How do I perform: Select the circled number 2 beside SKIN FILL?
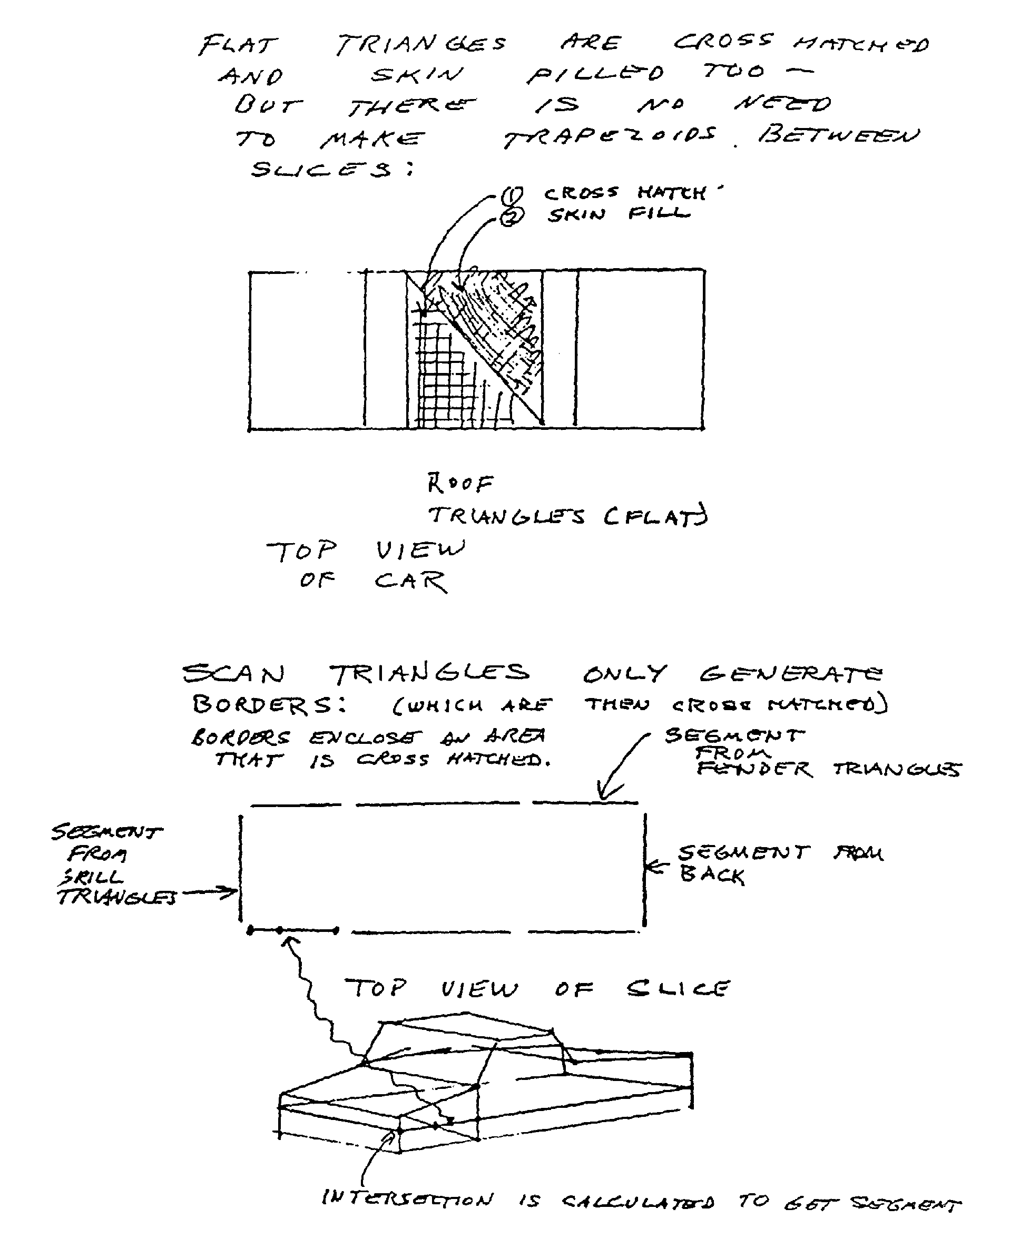[511, 218]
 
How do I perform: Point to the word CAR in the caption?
[410, 582]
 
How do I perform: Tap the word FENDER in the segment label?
[754, 769]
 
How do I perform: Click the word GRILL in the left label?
[91, 878]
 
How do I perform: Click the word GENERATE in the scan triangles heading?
[790, 673]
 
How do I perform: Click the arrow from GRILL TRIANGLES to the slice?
[210, 893]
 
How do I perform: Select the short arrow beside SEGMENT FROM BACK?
[657, 866]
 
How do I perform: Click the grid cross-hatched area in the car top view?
[438, 376]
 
